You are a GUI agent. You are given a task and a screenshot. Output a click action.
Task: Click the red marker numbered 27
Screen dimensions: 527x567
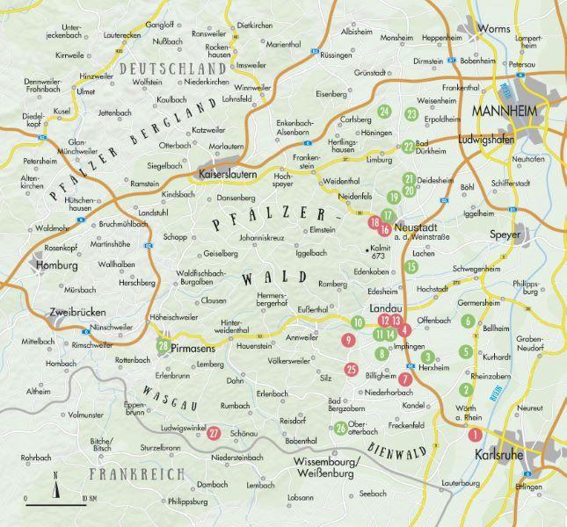click(x=214, y=431)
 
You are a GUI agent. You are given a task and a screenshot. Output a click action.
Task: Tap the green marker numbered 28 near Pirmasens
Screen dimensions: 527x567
click(x=164, y=345)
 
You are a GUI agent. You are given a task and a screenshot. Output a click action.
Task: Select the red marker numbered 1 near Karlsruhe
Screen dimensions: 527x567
click(x=476, y=434)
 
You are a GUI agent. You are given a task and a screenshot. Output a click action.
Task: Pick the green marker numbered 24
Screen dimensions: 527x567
click(x=384, y=112)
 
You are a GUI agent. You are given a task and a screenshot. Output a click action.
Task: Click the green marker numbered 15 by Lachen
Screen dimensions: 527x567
click(x=411, y=267)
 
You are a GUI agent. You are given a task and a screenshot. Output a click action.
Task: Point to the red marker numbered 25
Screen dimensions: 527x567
click(x=352, y=369)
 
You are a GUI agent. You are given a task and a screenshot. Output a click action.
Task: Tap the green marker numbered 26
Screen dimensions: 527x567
click(x=340, y=429)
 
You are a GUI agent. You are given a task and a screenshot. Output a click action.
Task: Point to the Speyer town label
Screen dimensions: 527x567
click(x=505, y=236)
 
